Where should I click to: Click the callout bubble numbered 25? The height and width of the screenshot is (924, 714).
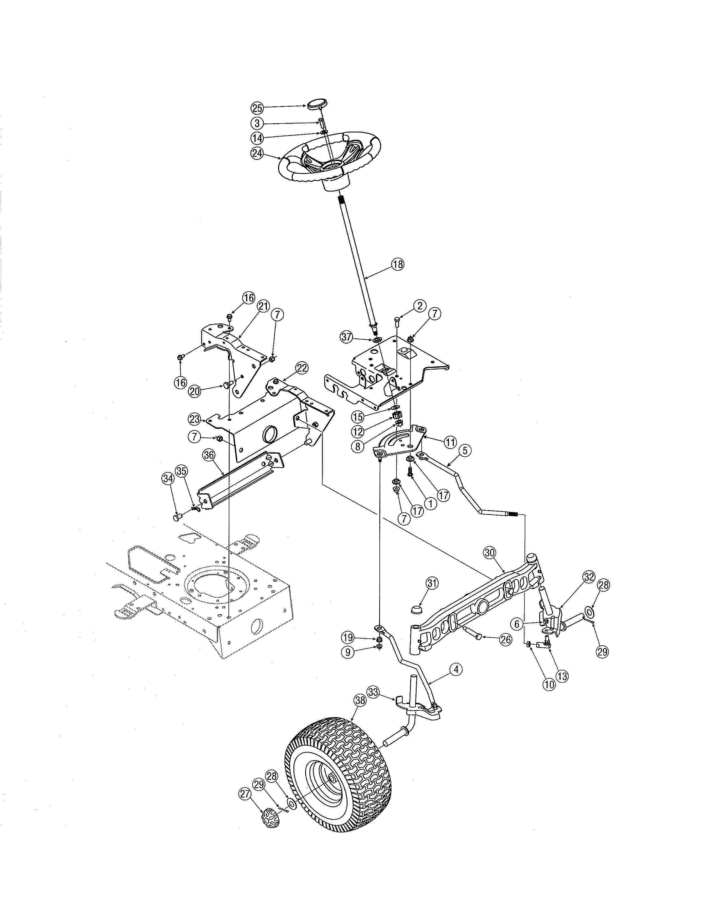tap(257, 108)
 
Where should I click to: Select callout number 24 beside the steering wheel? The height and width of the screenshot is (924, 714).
tap(257, 153)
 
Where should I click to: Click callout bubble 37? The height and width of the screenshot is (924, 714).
tap(347, 337)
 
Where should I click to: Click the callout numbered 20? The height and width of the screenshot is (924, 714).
tap(195, 391)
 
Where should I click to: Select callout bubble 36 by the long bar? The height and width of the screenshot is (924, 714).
tap(209, 455)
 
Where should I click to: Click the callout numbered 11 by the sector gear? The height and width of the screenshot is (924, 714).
tap(450, 442)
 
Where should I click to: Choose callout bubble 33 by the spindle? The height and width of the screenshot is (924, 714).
tap(373, 692)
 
